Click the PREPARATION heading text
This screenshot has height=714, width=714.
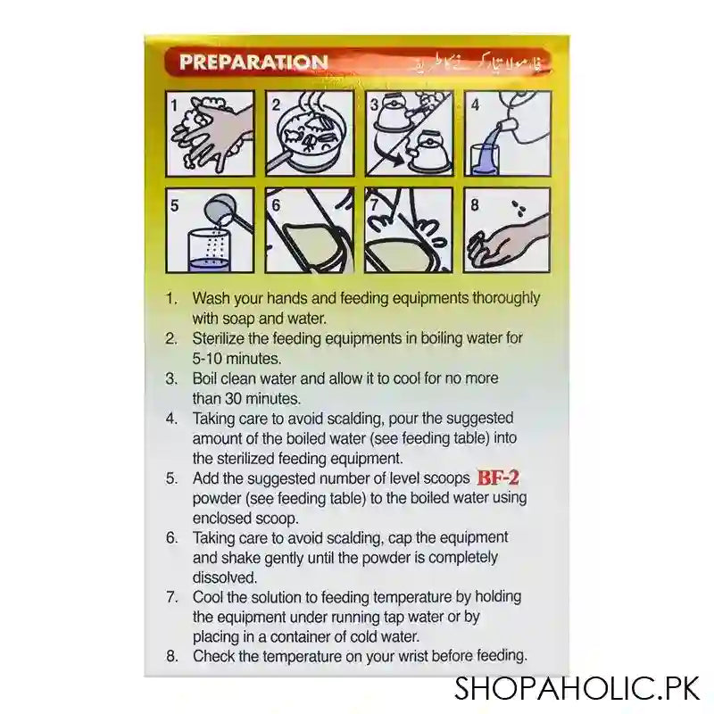click(x=253, y=62)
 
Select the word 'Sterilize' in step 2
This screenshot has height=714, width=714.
click(x=220, y=339)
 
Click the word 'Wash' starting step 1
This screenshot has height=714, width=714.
click(x=210, y=299)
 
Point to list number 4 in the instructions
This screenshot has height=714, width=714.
click(x=171, y=418)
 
